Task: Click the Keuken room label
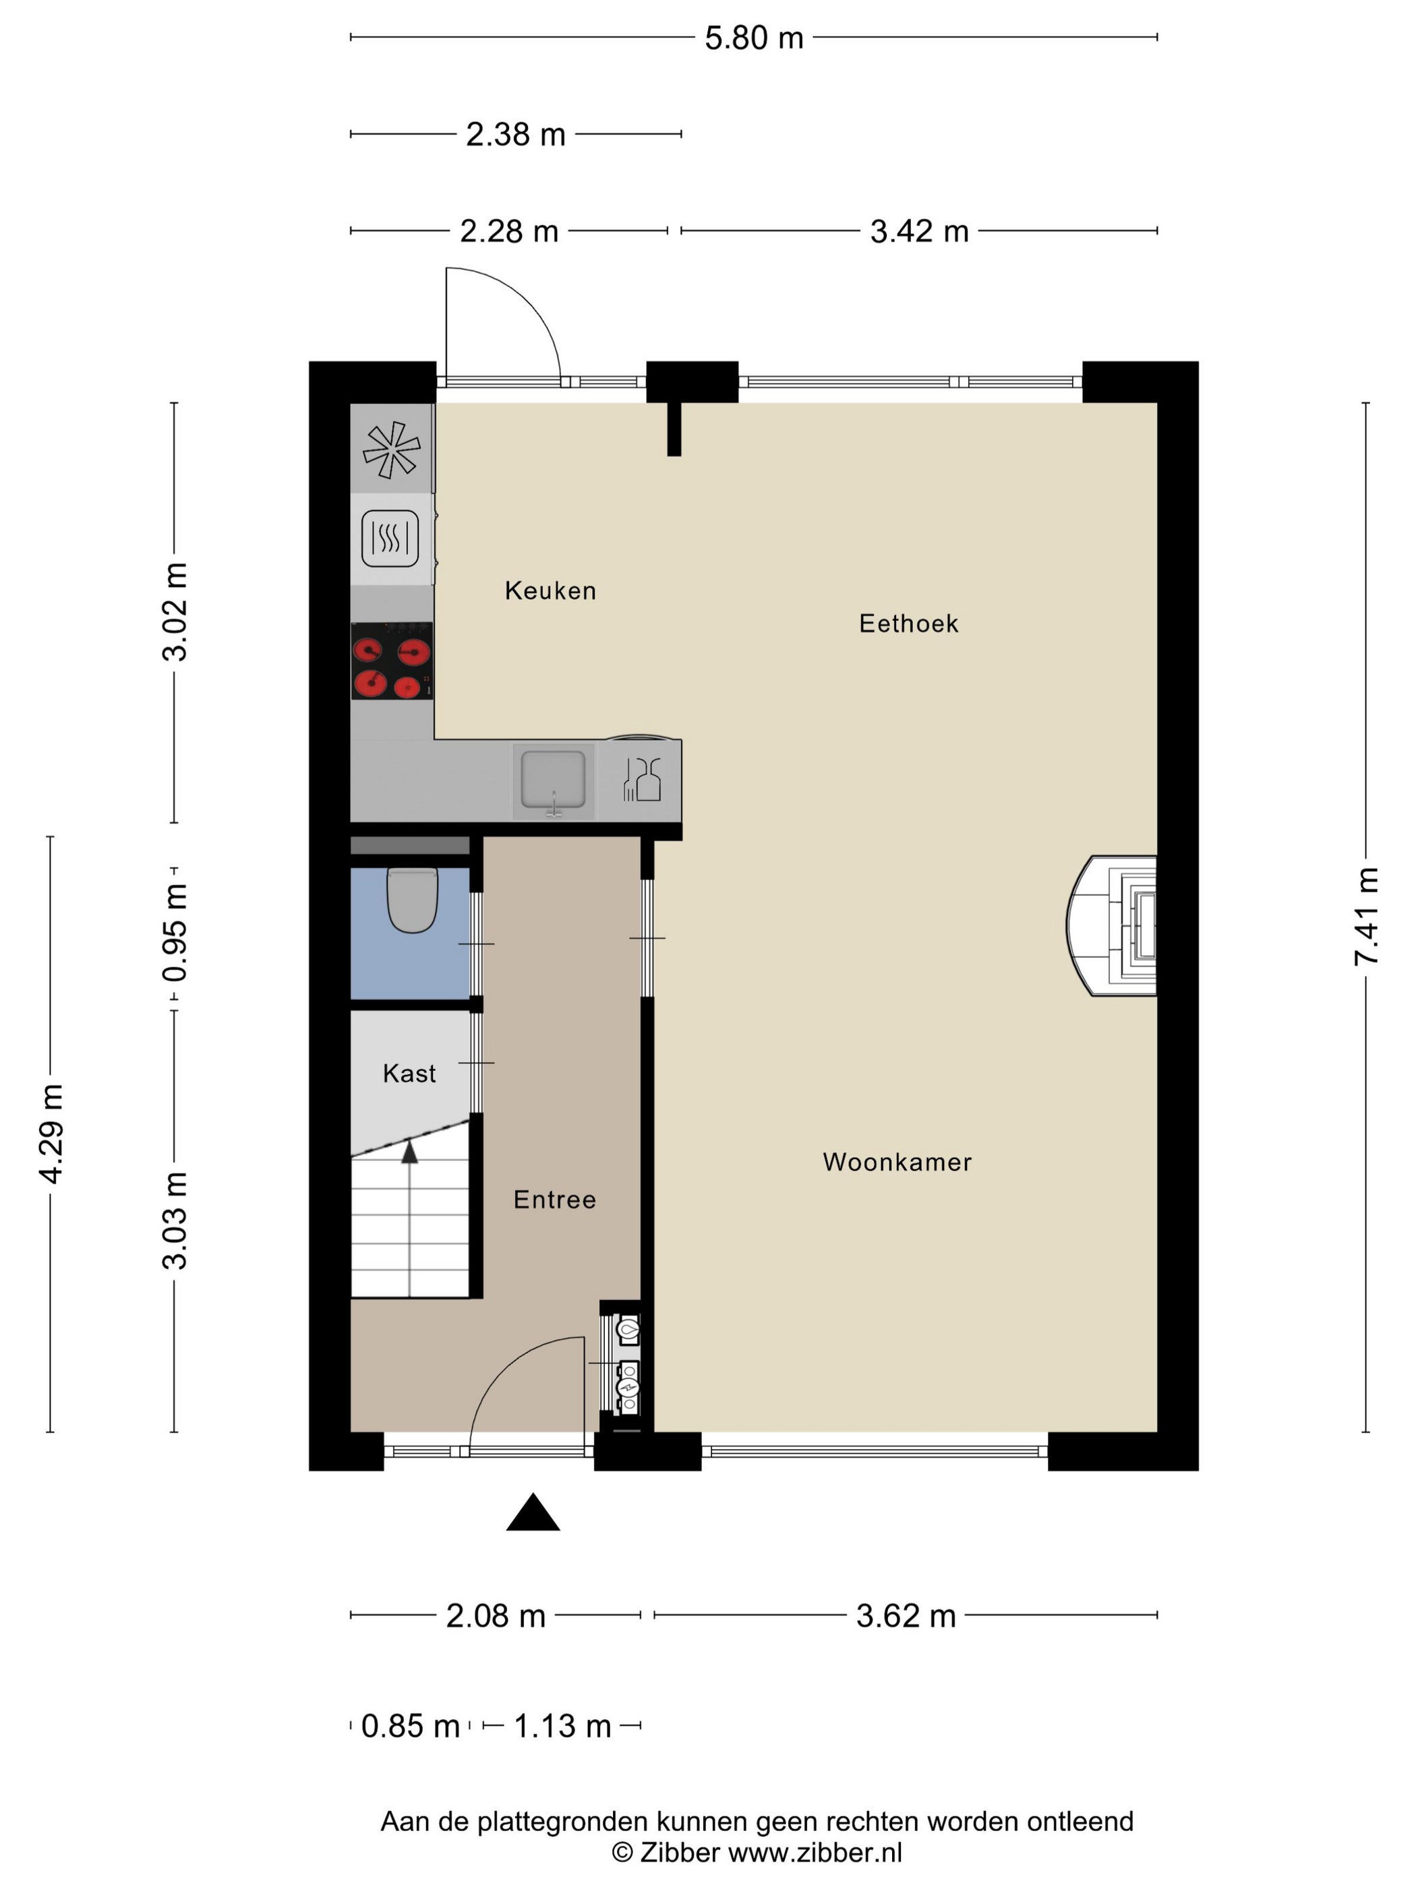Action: [550, 590]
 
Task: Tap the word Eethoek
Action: [908, 623]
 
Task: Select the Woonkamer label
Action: [897, 1162]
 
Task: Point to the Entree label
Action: [554, 1200]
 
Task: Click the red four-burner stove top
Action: [392, 661]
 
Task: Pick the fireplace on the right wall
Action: [1111, 925]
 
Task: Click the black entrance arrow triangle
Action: [533, 1512]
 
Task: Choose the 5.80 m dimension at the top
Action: [754, 38]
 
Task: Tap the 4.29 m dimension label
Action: [51, 1134]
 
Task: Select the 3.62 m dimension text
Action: [906, 1615]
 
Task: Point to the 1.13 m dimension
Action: [562, 1726]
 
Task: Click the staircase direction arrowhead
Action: [410, 1152]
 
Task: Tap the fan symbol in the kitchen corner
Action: [392, 450]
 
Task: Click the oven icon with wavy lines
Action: [390, 538]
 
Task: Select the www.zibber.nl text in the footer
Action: [815, 1852]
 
